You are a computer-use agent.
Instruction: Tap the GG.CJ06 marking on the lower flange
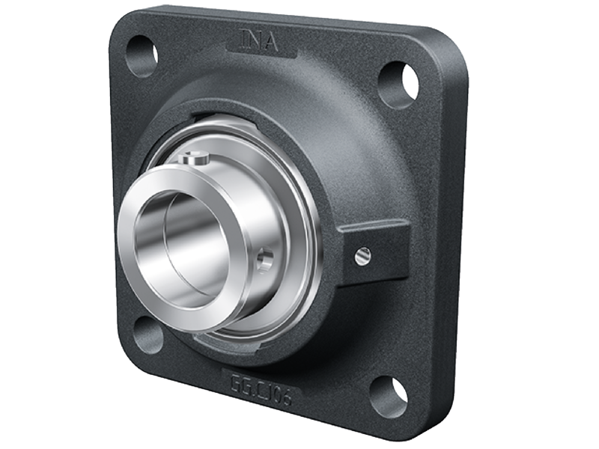pyautogui.click(x=260, y=390)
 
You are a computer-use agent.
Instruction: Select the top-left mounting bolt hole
pyautogui.click(x=142, y=56)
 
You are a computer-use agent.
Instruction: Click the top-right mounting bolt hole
pyautogui.click(x=398, y=83)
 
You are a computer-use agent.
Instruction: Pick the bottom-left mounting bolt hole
pyautogui.click(x=148, y=333)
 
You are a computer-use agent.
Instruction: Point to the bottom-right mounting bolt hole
pyautogui.click(x=389, y=396)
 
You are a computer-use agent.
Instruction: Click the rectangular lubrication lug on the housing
pyautogui.click(x=372, y=251)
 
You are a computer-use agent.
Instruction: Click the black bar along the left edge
pyautogui.click(x=30, y=224)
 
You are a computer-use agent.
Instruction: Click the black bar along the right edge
pyautogui.click(x=569, y=224)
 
